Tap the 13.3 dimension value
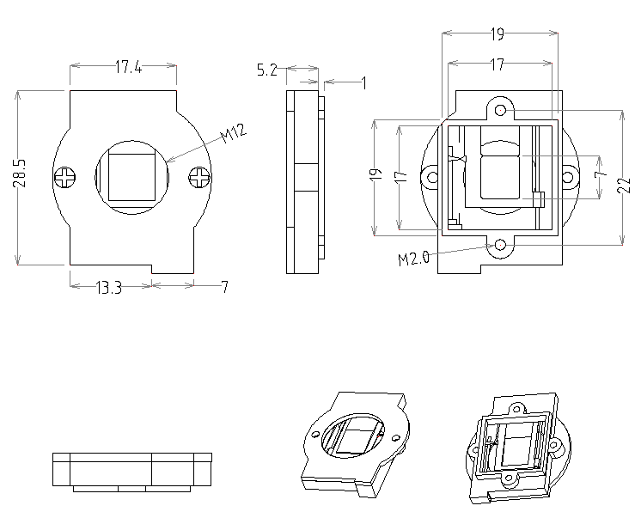tap(108, 288)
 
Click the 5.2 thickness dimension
tap(266, 71)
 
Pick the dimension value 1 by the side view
tap(364, 83)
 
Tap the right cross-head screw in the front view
tap(200, 178)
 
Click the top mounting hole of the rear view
tap(502, 111)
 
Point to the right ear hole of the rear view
tap(570, 178)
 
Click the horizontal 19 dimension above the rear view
tap(497, 34)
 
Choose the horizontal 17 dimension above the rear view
tap(497, 64)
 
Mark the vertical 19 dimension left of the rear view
tap(375, 175)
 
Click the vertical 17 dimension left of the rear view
tap(400, 175)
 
